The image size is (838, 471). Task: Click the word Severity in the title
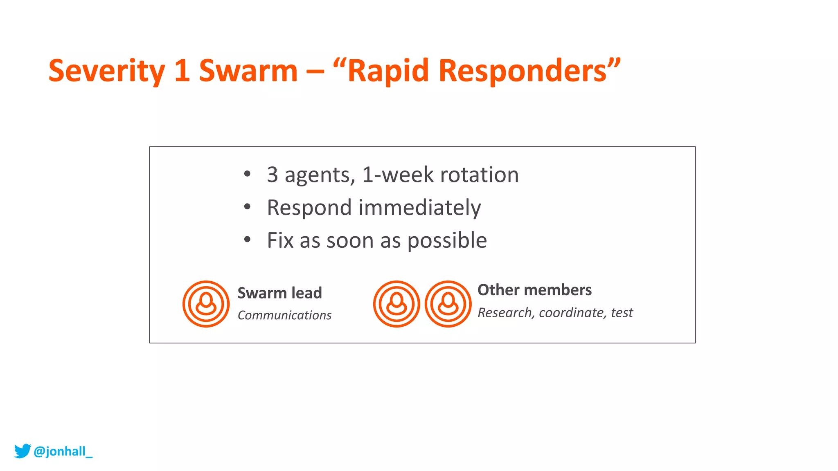(x=106, y=71)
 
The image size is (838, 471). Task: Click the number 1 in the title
(x=182, y=71)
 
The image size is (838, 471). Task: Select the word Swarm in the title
(x=248, y=71)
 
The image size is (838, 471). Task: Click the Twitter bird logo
(x=23, y=451)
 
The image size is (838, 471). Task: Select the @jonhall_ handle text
(x=63, y=451)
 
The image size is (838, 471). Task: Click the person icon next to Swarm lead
(x=206, y=304)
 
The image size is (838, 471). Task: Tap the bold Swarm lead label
(x=279, y=293)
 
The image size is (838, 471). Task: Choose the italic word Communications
(x=284, y=315)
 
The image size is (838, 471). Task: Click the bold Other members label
(x=534, y=290)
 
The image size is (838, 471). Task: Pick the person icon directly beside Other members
(x=448, y=304)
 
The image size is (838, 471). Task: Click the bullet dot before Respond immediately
(x=247, y=207)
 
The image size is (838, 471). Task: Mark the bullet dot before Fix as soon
(x=247, y=240)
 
